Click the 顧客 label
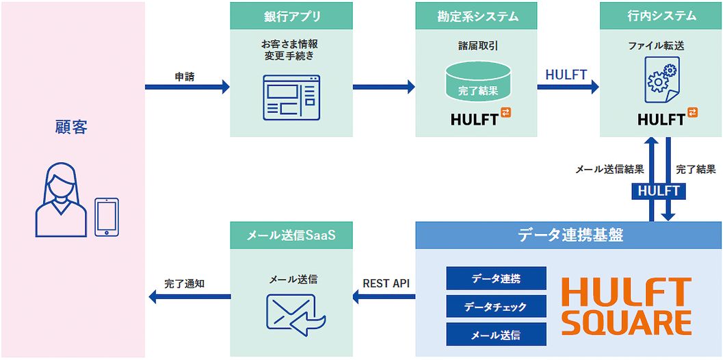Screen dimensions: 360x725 (72, 127)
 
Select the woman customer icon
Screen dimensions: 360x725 (61, 203)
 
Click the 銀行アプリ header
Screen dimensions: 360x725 (291, 16)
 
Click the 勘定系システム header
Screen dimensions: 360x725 (477, 16)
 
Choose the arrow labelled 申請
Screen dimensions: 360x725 (187, 87)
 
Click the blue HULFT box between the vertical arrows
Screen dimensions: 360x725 (659, 191)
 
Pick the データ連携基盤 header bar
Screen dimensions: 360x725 (568, 235)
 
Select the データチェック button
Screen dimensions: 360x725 (496, 307)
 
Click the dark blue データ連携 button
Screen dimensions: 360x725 (496, 278)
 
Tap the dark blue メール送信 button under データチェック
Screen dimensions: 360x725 (496, 335)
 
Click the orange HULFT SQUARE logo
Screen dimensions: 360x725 (627, 306)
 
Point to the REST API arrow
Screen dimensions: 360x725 (384, 296)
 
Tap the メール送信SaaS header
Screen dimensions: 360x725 (291, 235)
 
